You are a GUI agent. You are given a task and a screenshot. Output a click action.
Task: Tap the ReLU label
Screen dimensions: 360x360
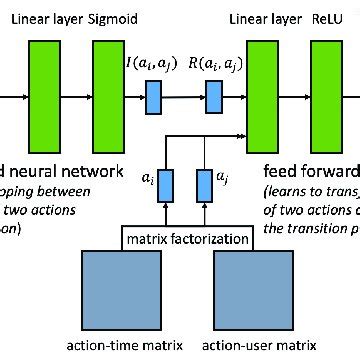coord(328,18)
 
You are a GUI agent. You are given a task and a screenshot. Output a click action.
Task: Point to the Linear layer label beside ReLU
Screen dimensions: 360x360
coord(262,18)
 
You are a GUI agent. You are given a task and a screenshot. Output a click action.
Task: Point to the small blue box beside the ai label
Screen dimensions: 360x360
coord(167,185)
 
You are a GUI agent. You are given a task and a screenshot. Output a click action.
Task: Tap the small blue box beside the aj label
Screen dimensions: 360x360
coord(205,185)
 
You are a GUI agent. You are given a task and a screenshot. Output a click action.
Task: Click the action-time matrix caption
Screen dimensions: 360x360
coord(124,347)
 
